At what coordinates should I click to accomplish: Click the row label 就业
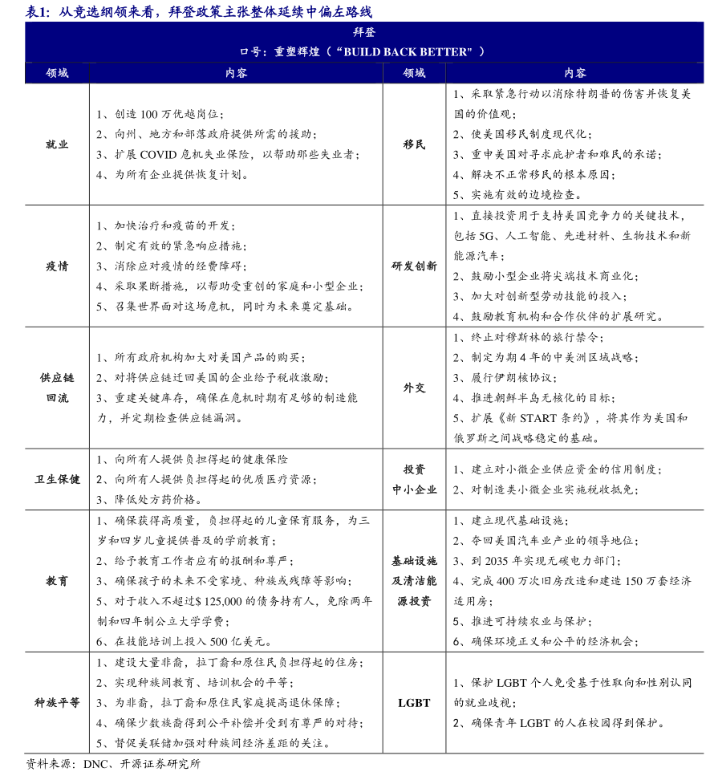(x=57, y=144)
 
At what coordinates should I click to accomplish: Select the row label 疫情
(x=57, y=266)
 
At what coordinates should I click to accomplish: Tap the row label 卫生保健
(x=57, y=479)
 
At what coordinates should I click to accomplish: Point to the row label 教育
(x=57, y=580)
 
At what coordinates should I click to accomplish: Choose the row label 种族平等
(x=57, y=702)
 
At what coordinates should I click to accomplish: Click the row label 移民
(x=414, y=144)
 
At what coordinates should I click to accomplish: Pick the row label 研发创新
(x=414, y=266)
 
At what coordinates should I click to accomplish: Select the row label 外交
(x=414, y=388)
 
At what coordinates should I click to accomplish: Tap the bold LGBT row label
(x=414, y=702)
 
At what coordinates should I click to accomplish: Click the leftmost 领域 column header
(x=57, y=73)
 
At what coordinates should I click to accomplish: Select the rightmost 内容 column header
(x=574, y=73)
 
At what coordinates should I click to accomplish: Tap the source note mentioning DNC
(x=113, y=764)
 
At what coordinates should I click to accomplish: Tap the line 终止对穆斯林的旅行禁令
(x=529, y=337)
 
